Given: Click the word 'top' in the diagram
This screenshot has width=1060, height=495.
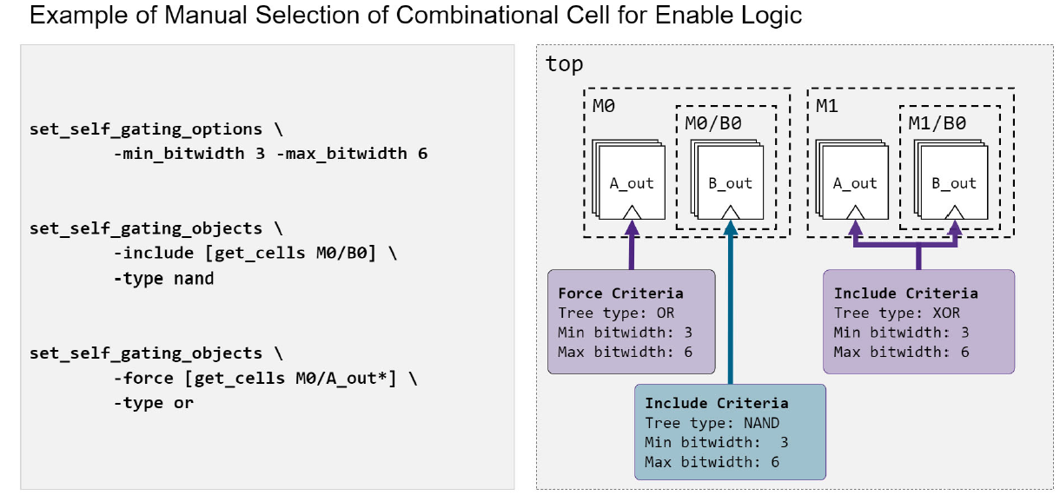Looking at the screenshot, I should pyautogui.click(x=564, y=64).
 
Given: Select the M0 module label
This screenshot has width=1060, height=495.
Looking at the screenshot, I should pyautogui.click(x=605, y=106).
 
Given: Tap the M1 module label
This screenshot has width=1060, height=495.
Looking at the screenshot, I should pyautogui.click(x=827, y=106).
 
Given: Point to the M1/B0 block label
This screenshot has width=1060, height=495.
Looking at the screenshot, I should pyautogui.click(x=937, y=123).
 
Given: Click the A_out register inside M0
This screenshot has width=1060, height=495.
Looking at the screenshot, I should pyautogui.click(x=631, y=183).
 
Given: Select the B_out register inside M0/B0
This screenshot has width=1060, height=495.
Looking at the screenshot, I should pyautogui.click(x=730, y=183).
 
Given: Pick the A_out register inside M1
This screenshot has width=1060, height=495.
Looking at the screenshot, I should pyautogui.click(x=855, y=183).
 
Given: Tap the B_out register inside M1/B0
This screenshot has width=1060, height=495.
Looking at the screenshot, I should pyautogui.click(x=954, y=183).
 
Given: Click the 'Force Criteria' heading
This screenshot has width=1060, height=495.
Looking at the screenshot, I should pyautogui.click(x=620, y=294).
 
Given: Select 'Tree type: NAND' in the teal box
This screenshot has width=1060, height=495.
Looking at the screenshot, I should pyautogui.click(x=712, y=423).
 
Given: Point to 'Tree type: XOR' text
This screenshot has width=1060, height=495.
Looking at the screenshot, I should pyautogui.click(x=897, y=313).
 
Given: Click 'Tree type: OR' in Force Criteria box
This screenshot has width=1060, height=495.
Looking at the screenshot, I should pyautogui.click(x=616, y=313).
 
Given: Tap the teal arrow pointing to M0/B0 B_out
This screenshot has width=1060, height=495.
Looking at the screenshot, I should pyautogui.click(x=730, y=304).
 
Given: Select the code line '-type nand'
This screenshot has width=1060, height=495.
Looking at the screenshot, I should pyautogui.click(x=163, y=279).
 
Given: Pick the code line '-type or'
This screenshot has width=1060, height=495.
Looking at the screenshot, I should pyautogui.click(x=153, y=403).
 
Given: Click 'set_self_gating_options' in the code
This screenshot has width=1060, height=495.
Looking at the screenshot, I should pyautogui.click(x=145, y=129).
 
